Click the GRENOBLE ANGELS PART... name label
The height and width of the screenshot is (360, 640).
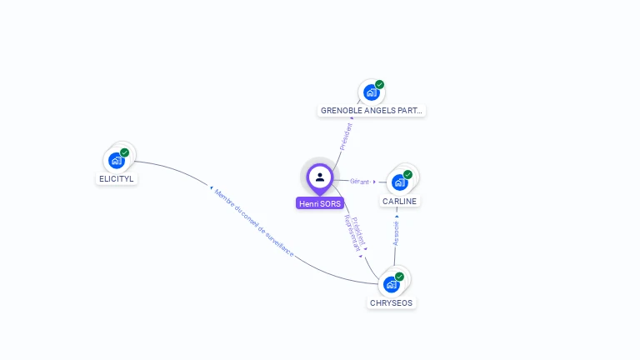[372, 110]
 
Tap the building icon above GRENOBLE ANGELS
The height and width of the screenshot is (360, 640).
[371, 92]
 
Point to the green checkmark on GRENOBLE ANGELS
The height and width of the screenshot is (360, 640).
[380, 84]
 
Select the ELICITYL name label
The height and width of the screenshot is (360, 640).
[117, 178]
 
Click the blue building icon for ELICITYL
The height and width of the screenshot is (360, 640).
[116, 160]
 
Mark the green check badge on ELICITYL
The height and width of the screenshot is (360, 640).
[125, 152]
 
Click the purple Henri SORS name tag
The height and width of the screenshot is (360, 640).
[320, 203]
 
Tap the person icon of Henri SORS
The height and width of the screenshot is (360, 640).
[320, 177]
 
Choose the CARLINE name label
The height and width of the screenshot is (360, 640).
[400, 201]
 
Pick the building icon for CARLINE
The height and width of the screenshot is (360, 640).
[399, 182]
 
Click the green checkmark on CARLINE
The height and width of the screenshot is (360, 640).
[408, 174]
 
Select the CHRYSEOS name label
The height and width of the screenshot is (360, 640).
[391, 302]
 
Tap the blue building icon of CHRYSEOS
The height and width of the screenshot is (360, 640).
[391, 284]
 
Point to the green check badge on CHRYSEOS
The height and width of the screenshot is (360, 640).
[400, 276]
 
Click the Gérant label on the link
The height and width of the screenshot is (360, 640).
[360, 181]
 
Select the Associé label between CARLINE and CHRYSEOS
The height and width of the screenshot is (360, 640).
[397, 232]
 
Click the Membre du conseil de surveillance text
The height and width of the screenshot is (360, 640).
[254, 221]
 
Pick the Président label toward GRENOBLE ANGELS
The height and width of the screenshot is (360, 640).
[346, 136]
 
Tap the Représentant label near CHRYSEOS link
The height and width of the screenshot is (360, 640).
[352, 233]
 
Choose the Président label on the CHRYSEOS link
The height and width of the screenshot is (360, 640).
[359, 230]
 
